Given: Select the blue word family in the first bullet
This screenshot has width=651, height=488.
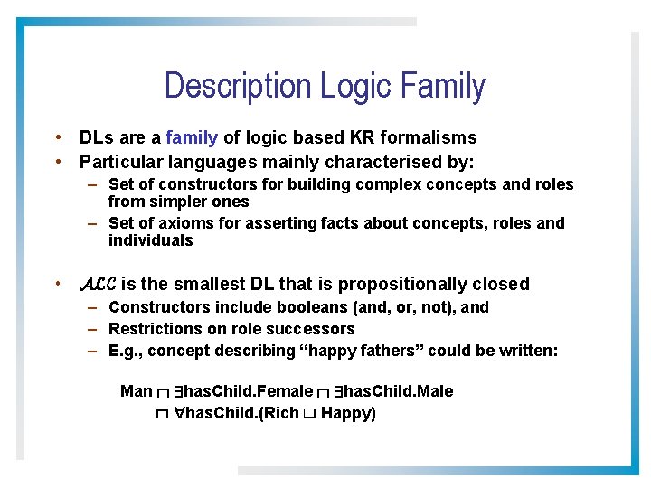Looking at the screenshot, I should (x=192, y=138).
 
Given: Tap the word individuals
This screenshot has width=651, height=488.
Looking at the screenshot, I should (x=150, y=240).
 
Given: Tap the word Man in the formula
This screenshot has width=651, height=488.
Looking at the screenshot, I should (x=136, y=391).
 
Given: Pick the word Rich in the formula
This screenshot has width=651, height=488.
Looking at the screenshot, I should (x=281, y=414).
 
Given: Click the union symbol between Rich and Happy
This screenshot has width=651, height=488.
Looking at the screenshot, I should (x=309, y=415).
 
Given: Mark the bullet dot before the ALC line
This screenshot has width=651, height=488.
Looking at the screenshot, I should (x=57, y=284).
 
